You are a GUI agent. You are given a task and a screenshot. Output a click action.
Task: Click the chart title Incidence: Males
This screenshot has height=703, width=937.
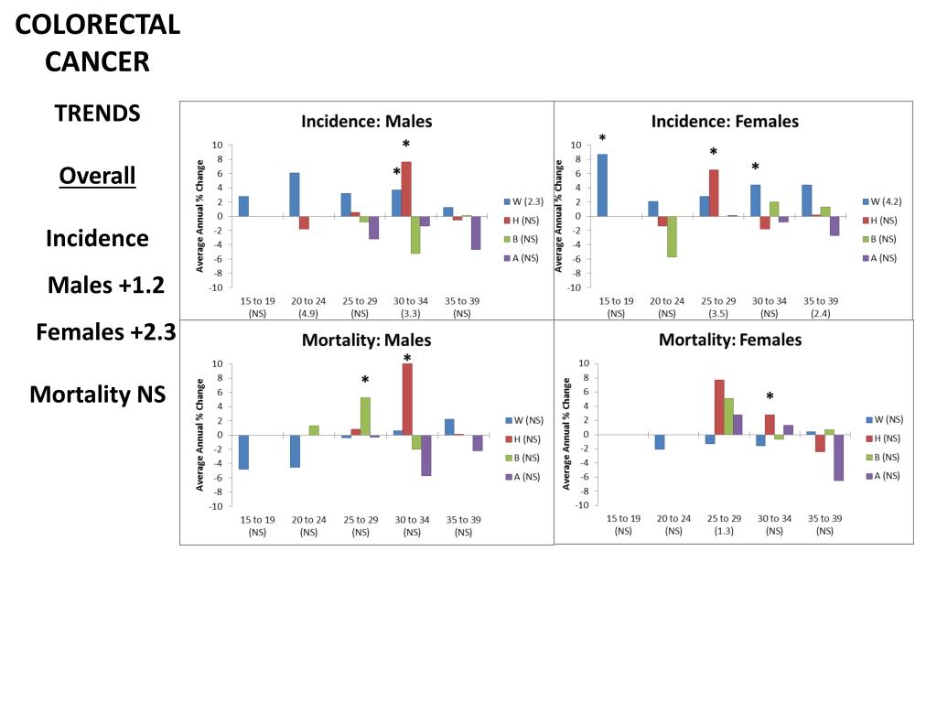coord(367,121)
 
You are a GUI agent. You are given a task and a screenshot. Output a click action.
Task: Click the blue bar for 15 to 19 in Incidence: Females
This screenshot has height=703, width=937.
coord(601,185)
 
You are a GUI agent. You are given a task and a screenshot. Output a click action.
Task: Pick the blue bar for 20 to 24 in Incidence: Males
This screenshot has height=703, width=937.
coord(295,194)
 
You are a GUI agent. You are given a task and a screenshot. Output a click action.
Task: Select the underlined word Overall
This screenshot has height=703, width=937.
coord(97,176)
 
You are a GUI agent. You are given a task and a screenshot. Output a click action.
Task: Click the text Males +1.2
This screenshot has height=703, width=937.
coord(106,286)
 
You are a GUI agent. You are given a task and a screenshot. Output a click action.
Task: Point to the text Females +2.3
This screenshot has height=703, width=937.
coord(106,332)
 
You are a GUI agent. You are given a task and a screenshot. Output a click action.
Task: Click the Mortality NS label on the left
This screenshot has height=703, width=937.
coord(97,395)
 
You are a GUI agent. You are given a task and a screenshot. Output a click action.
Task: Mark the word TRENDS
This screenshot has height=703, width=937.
coord(97,114)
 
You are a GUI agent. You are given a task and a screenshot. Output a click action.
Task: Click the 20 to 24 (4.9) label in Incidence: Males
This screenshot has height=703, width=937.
coord(308,307)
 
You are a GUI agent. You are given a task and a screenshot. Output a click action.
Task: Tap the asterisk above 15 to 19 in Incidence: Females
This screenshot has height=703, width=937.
coord(602,139)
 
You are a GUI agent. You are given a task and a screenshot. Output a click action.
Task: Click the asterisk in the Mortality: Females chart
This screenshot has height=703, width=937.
coord(770,397)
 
